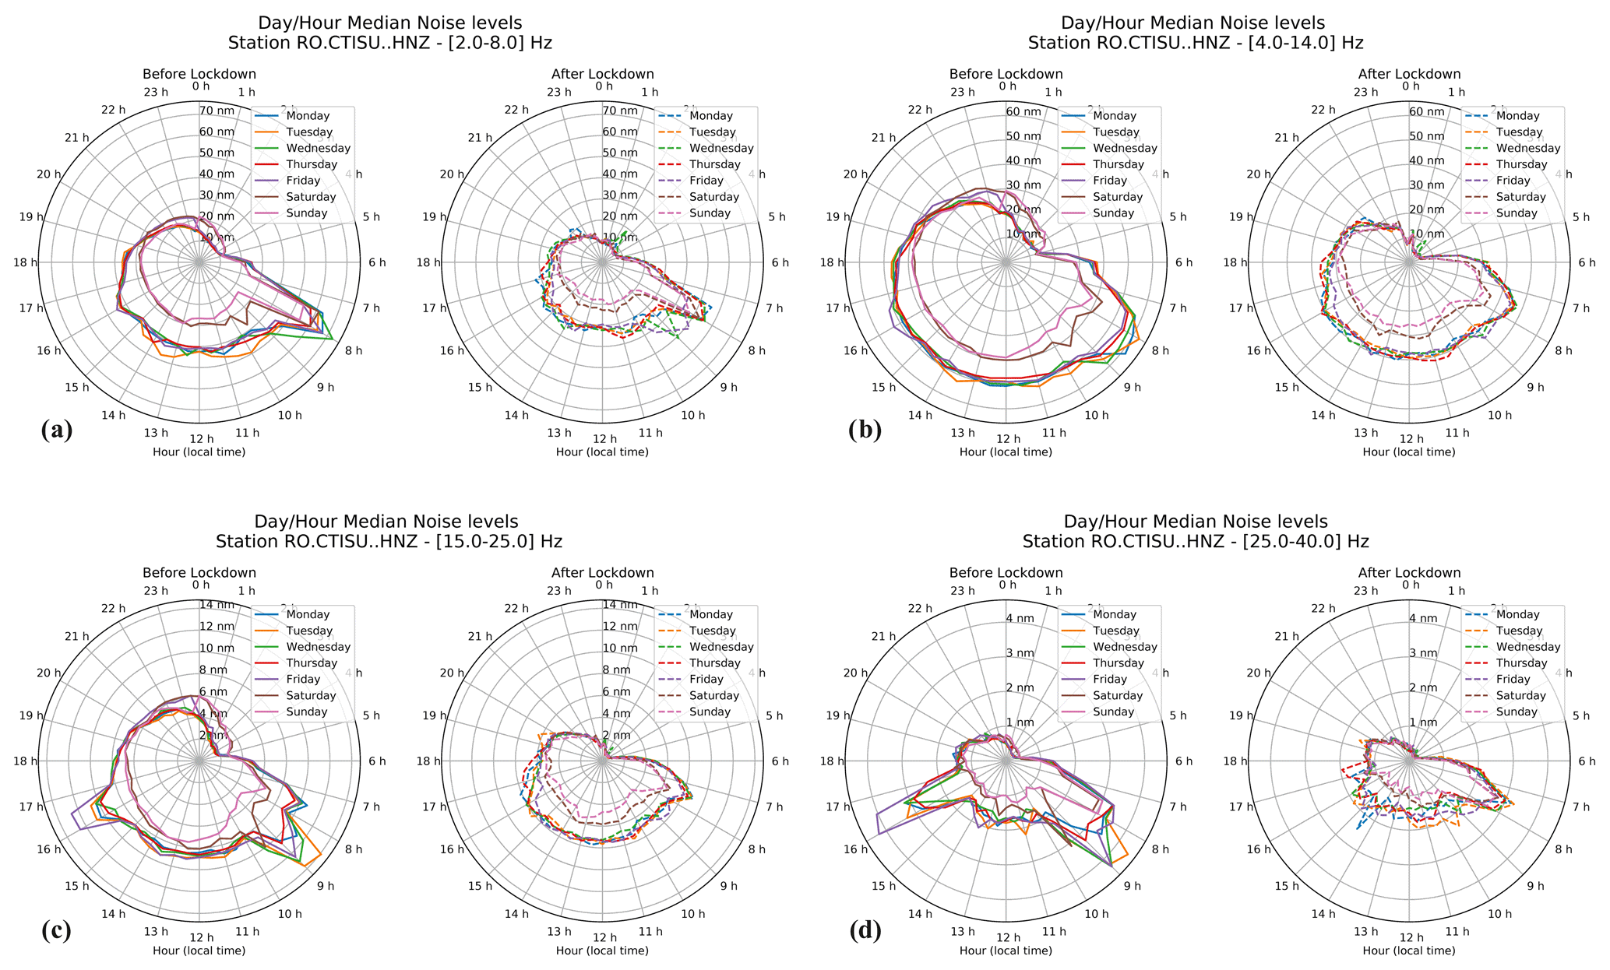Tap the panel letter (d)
pos(865,930)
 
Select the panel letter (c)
pos(56,930)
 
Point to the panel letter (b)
pos(865,431)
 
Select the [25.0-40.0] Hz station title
pos(1196,541)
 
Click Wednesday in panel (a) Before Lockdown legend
pos(319,149)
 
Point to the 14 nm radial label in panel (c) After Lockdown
pos(620,605)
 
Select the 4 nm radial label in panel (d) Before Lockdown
pos(1020,618)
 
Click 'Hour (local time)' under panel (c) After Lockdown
pos(602,951)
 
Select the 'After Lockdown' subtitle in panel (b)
pos(1409,75)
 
